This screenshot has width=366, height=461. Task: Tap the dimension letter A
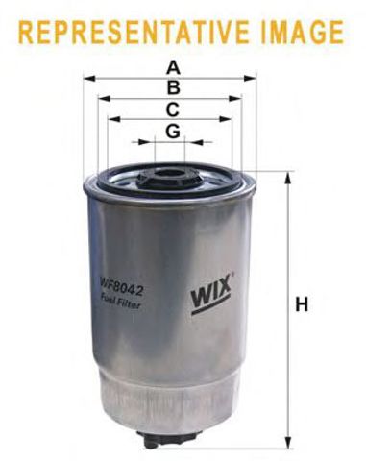(x=172, y=67)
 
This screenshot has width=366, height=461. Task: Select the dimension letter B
(x=172, y=87)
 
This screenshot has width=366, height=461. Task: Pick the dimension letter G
(x=172, y=131)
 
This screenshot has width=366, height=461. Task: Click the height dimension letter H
(x=302, y=306)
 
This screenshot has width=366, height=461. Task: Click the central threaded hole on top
(x=171, y=176)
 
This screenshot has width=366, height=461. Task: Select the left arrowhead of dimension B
(x=103, y=98)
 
